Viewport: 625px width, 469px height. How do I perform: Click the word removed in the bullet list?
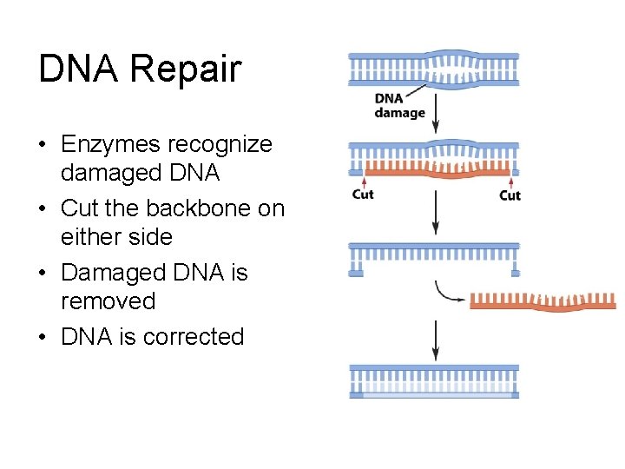pyautogui.click(x=108, y=301)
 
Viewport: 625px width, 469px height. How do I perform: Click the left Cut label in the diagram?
pyautogui.click(x=363, y=195)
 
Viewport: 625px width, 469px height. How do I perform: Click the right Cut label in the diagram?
pyautogui.click(x=510, y=195)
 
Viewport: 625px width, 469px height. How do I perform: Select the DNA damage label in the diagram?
pyautogui.click(x=399, y=106)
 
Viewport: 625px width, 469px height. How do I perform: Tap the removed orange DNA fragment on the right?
pyautogui.click(x=543, y=301)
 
